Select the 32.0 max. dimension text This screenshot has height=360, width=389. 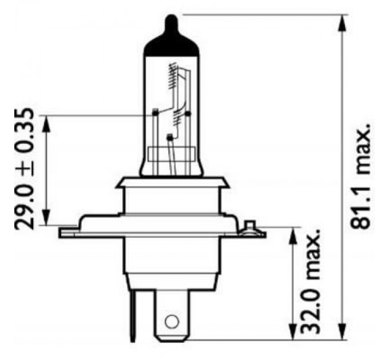point(309,282)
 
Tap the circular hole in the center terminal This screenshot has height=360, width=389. point(170,322)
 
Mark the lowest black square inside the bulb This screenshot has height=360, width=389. point(169,137)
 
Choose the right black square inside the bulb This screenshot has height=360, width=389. point(188,114)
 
